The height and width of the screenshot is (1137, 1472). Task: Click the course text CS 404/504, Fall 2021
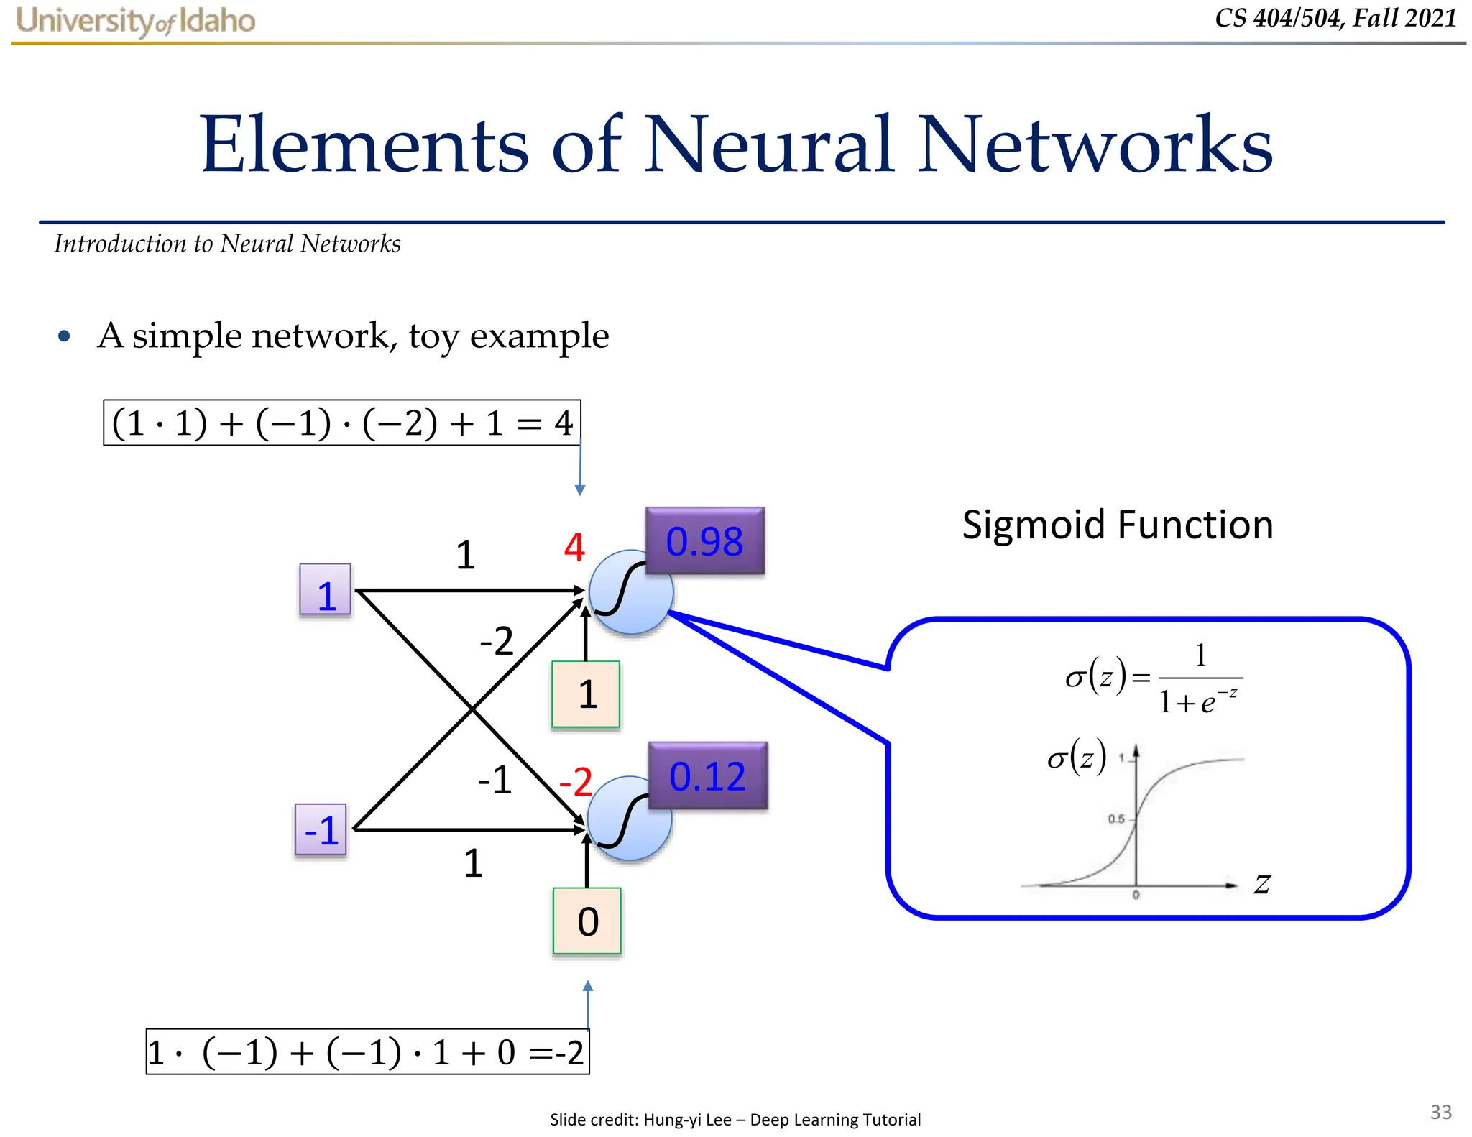(x=1335, y=18)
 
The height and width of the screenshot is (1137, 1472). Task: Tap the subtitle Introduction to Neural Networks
(x=227, y=244)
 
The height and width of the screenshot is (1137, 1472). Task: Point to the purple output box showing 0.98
(x=704, y=540)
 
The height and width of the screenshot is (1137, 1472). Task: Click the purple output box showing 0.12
(x=707, y=775)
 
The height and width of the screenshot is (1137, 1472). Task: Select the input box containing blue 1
(x=326, y=590)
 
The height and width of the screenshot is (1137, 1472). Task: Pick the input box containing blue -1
(x=321, y=829)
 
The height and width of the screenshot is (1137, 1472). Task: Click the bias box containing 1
(x=586, y=694)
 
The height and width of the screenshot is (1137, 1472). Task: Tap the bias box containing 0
(x=587, y=921)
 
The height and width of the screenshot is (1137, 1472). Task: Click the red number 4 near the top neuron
(x=574, y=548)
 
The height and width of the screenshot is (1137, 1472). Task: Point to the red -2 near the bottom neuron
(x=576, y=781)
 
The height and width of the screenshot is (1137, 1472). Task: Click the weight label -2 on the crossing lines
(x=497, y=640)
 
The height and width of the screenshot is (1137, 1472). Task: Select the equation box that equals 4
(x=341, y=423)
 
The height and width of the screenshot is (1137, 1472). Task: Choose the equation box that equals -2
(x=367, y=1052)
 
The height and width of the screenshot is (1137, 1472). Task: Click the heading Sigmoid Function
(x=1117, y=525)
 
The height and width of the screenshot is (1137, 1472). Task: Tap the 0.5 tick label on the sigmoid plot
(x=1115, y=819)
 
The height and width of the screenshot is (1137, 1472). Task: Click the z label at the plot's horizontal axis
(x=1262, y=884)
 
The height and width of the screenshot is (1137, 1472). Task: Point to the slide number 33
(x=1440, y=1112)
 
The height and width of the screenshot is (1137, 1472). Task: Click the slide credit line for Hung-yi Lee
(x=735, y=1119)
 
